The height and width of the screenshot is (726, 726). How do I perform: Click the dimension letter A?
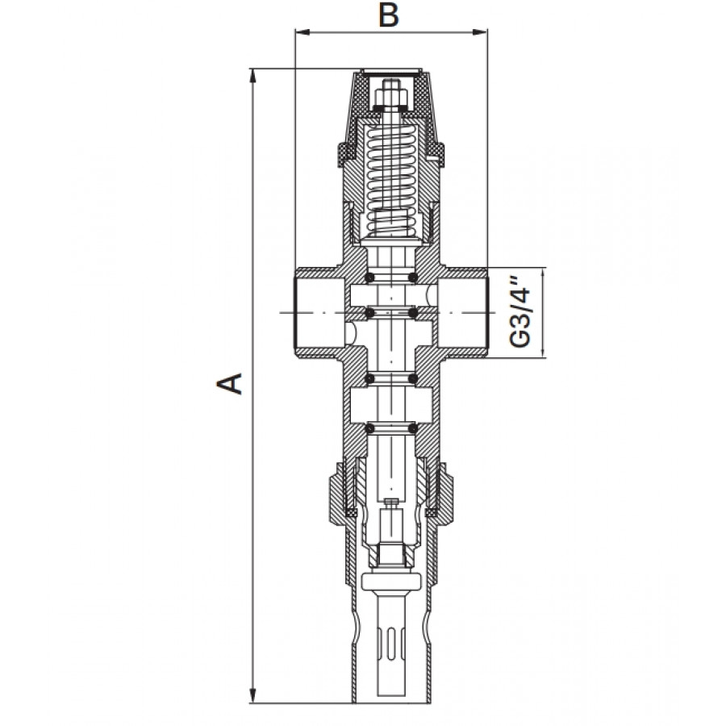coord(230,383)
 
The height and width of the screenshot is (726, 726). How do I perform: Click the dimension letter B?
coord(389,15)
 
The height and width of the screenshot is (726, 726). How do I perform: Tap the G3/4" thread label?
coord(521,312)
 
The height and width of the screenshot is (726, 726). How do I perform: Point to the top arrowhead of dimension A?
coord(252,77)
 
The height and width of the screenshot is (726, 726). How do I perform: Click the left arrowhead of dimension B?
coord(302,32)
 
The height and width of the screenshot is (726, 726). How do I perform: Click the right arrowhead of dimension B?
coord(479,32)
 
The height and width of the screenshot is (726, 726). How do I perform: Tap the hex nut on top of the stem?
coord(391,98)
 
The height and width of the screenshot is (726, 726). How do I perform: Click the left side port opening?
coord(319,313)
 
